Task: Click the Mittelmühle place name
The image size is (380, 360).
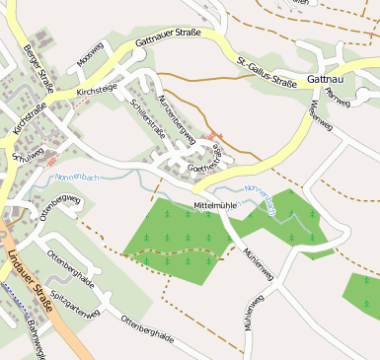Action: [217, 204]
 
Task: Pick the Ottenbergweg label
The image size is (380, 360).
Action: [59, 212]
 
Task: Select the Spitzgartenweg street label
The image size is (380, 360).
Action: [75, 306]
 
